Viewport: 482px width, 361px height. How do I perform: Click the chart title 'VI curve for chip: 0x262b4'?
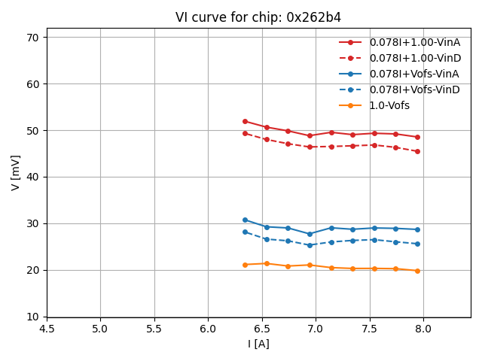[258, 17]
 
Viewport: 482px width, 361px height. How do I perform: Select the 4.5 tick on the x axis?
[47, 329]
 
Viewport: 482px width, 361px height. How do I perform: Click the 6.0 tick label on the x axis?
[208, 329]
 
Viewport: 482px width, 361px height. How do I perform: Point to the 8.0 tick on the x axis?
[423, 329]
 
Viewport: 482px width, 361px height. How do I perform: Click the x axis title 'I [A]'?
[258, 344]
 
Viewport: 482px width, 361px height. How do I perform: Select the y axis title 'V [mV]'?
[16, 172]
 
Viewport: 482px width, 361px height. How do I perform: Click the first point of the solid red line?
[245, 121]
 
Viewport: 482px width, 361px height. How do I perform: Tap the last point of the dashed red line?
[417, 151]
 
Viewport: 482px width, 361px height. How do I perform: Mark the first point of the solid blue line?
[245, 220]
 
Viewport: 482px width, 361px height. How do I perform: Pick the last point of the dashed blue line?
[417, 244]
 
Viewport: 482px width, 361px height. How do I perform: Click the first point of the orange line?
[245, 265]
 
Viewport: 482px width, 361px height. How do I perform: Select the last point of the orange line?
[417, 271]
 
